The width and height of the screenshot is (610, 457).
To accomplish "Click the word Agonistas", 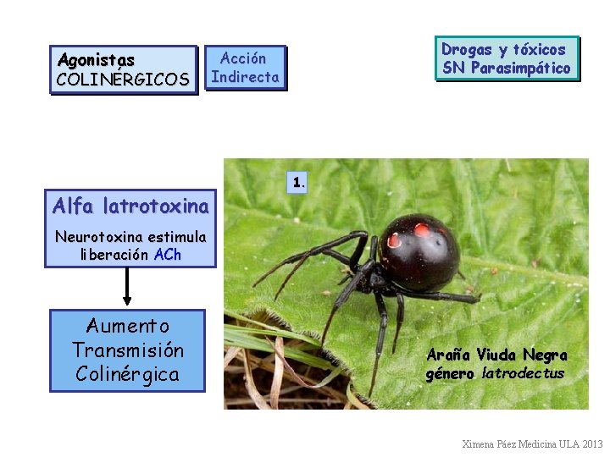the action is (x=96, y=60).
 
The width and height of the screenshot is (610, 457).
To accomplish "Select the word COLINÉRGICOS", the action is (x=123, y=80).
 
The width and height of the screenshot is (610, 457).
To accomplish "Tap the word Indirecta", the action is (x=245, y=77).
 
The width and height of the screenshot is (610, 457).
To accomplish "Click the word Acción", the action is (x=243, y=58).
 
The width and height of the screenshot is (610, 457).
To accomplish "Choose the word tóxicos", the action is (x=539, y=49).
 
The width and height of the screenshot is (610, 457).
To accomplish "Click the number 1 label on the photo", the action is (x=297, y=181).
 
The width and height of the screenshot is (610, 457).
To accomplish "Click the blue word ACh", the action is (x=168, y=254).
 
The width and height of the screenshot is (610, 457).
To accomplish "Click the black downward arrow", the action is (x=127, y=288).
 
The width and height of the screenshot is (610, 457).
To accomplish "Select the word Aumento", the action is (x=127, y=326).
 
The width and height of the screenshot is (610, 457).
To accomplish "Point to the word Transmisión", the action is (x=127, y=350).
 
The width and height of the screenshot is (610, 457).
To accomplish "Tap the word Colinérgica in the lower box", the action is (x=127, y=374).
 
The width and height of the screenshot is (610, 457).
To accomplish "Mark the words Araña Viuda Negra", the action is (x=496, y=355).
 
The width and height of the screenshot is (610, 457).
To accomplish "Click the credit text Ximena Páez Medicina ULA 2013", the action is (x=532, y=443).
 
